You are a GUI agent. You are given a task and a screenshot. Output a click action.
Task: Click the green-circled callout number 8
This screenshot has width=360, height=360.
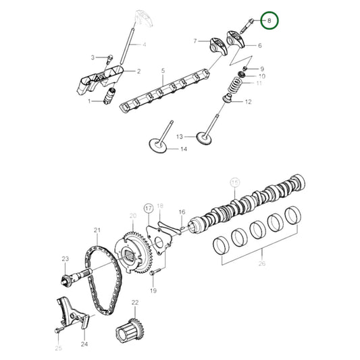[269, 21]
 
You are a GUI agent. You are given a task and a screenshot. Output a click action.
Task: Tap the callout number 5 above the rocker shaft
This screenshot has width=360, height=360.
[163, 70]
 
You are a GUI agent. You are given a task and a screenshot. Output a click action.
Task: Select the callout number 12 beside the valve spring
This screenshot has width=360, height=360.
[248, 102]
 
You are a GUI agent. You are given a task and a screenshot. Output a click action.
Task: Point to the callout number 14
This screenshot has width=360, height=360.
[184, 149]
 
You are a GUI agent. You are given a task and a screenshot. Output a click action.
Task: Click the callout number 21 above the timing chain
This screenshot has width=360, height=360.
[97, 231]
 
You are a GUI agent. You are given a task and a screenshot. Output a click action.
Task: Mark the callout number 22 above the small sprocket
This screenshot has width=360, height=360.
[135, 302]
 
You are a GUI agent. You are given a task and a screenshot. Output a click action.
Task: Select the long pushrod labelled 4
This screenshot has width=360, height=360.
[127, 51]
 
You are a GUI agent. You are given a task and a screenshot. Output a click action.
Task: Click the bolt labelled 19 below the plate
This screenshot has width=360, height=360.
[153, 272]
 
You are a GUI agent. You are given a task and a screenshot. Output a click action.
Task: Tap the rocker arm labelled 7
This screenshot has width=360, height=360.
[222, 47]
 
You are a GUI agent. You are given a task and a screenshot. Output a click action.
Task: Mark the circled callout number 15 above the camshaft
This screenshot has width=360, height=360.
[235, 182]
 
